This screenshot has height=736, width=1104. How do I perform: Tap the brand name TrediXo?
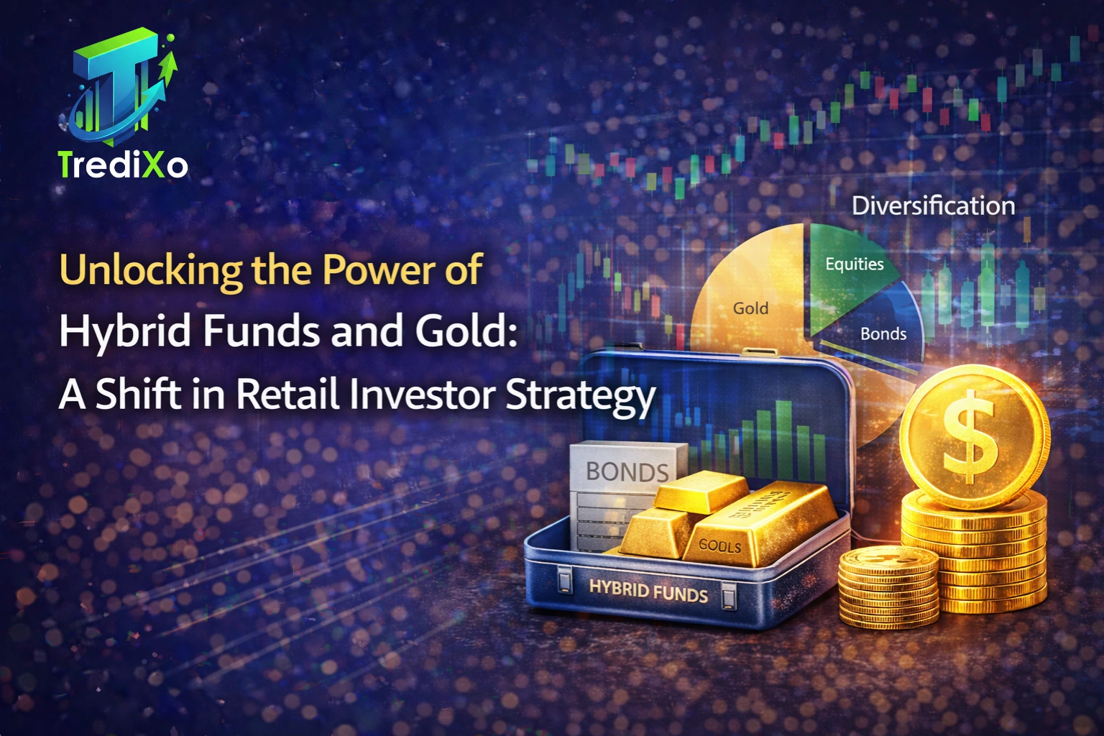coord(123,165)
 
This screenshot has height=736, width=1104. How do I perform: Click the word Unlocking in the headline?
coord(150,271)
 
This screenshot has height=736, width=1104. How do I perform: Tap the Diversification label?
coord(933,206)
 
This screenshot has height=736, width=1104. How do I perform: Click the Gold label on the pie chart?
coord(750,308)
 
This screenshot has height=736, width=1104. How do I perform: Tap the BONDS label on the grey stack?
coord(627,471)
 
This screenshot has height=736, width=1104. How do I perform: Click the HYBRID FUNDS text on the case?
coord(648,592)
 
